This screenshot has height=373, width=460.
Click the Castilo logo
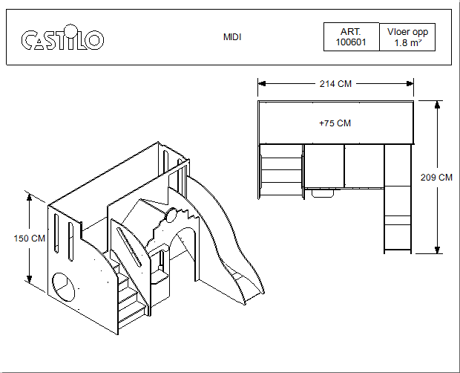pos(62,37)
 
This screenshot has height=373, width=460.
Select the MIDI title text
pos(232,37)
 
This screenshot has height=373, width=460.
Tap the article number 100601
pos(351,42)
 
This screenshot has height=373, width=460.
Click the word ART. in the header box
pos(351,31)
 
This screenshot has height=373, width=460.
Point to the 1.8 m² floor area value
pos(408,42)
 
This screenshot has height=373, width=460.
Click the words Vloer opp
pos(407,32)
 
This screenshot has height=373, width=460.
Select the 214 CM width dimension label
pos(335,84)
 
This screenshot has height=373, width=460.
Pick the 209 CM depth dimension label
pos(436,178)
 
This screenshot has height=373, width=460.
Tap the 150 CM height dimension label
pos(30,239)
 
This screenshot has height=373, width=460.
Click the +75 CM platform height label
pos(335,123)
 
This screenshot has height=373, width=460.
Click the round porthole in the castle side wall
pos(63,287)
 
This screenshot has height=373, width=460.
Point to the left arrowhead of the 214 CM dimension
pos(262,84)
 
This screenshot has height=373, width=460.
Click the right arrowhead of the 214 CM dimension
pos(410,84)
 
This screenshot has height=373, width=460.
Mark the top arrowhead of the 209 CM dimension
pos(437,105)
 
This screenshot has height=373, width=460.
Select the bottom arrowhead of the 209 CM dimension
pos(437,250)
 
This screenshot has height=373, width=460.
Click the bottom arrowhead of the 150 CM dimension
pos(29,279)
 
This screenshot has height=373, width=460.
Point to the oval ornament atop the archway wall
pos(171,215)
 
